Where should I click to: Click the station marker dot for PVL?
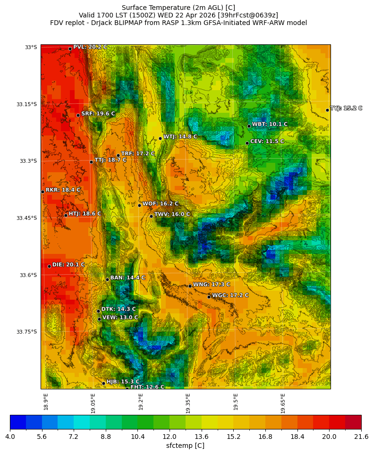[x=70, y=49]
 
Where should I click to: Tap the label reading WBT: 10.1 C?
[x=269, y=124]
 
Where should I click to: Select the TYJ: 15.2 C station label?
[x=346, y=108]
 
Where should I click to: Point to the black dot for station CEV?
[x=247, y=143]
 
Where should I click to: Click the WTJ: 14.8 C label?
[x=180, y=136]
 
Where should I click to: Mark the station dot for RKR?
[x=42, y=192]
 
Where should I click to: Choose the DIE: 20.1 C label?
[x=68, y=265]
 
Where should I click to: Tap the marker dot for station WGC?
[x=209, y=297]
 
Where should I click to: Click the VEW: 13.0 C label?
[x=120, y=318]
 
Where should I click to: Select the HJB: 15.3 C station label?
[x=123, y=381]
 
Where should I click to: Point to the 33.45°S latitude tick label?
[x=26, y=218]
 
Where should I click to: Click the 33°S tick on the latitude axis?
[x=31, y=47]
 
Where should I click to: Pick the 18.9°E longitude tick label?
[x=46, y=401]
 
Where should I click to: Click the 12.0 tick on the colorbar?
[x=170, y=437]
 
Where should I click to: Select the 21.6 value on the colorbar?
[x=361, y=437]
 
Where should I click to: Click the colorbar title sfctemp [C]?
[x=185, y=446]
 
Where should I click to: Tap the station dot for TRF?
[x=118, y=155]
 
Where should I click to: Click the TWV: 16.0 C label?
[x=172, y=214]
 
